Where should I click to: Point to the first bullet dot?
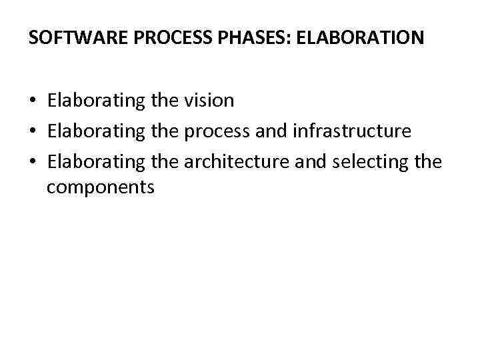[33, 101]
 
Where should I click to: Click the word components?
[100, 187]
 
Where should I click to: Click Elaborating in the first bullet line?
[95, 101]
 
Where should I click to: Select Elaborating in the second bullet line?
[95, 131]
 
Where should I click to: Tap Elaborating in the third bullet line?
[95, 162]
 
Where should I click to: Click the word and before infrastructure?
[271, 131]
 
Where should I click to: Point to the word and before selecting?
[309, 162]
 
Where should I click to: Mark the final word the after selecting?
[427, 162]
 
